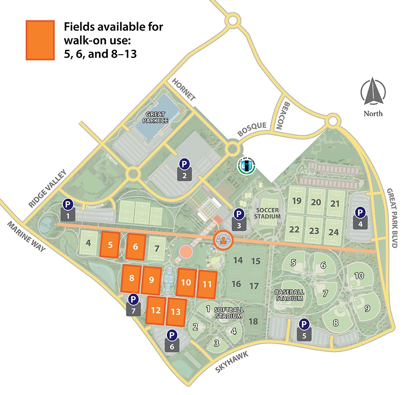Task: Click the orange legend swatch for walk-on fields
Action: tap(40, 40)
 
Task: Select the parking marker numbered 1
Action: tap(68, 209)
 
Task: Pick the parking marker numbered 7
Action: tap(133, 304)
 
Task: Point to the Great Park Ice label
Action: tap(154, 117)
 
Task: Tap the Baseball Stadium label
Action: tap(290, 295)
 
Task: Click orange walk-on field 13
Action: tap(176, 311)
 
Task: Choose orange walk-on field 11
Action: tap(207, 284)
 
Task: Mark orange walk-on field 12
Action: tap(156, 310)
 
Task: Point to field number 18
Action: tap(253, 321)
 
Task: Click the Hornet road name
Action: tap(184, 88)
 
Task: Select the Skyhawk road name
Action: tap(233, 362)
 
